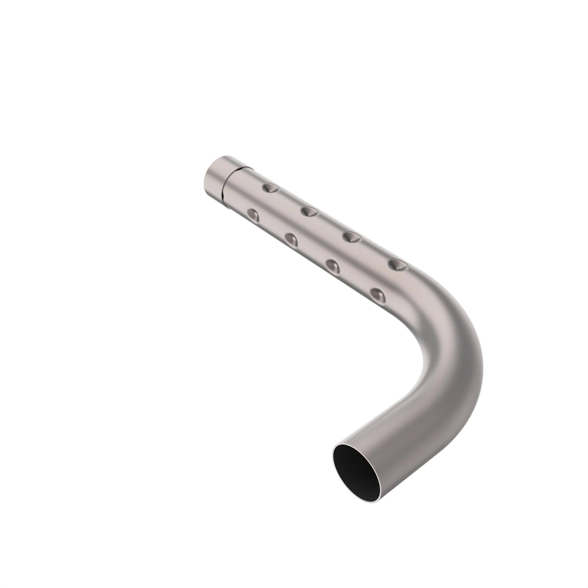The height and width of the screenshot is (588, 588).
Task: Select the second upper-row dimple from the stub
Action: (310, 211)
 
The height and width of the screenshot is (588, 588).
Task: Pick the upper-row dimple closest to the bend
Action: (398, 265)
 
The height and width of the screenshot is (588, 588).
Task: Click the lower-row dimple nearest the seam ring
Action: (253, 215)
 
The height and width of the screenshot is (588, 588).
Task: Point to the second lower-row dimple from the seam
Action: (292, 240)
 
